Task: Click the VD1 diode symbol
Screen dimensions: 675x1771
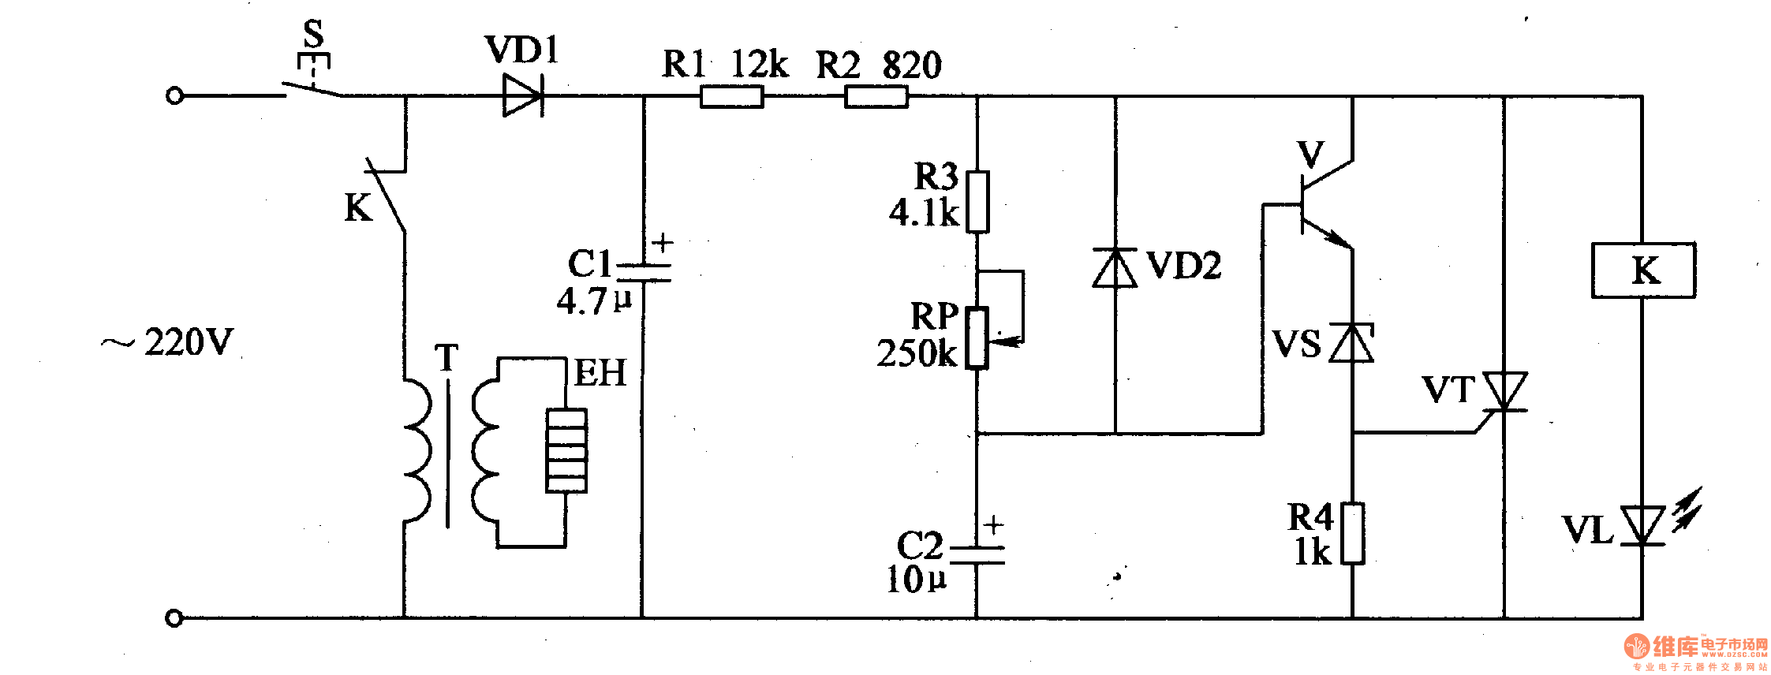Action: click(x=522, y=96)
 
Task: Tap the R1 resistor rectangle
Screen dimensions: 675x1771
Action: click(x=731, y=97)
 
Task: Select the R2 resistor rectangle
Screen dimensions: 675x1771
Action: click(x=876, y=97)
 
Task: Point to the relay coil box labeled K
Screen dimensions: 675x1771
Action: click(x=1643, y=270)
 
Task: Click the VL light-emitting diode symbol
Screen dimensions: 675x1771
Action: click(x=1643, y=525)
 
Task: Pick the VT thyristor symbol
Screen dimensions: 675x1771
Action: click(x=1505, y=392)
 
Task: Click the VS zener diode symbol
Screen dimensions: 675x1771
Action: click(x=1352, y=344)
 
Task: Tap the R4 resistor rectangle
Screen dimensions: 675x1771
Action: click(x=1353, y=534)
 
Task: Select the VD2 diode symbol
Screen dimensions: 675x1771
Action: click(x=1115, y=268)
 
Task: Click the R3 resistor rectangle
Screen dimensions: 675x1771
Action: click(x=977, y=202)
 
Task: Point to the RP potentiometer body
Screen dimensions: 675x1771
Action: click(x=977, y=337)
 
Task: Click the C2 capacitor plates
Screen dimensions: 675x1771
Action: click(x=977, y=555)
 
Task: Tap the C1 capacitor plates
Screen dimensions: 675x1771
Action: click(x=643, y=273)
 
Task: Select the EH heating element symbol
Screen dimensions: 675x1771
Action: click(x=566, y=450)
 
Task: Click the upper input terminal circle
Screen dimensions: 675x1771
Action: click(x=174, y=96)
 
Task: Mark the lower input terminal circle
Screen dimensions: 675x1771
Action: click(x=174, y=617)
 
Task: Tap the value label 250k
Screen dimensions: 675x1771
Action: click(x=917, y=353)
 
